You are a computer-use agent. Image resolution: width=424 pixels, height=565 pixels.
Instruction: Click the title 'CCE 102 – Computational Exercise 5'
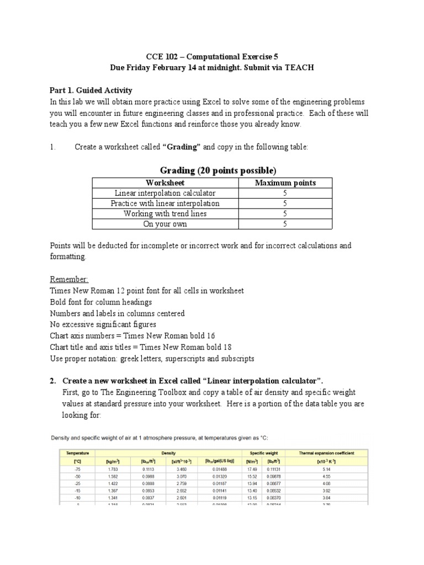click(x=211, y=56)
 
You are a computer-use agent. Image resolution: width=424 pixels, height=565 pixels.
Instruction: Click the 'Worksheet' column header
click(x=165, y=183)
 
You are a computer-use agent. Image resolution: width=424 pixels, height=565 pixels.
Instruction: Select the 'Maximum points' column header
click(x=285, y=183)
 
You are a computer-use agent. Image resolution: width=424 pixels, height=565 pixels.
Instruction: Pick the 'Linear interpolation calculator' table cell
click(x=165, y=193)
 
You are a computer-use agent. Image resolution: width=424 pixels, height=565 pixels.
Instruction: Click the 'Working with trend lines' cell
click(x=165, y=214)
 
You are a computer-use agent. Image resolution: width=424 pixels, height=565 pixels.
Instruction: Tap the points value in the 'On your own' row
click(x=285, y=224)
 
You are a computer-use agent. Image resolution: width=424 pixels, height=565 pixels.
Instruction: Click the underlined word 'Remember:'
click(x=69, y=279)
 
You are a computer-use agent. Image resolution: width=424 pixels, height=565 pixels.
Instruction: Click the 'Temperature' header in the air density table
click(x=75, y=453)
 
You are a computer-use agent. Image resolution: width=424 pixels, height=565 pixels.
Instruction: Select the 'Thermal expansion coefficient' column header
click(x=327, y=453)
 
